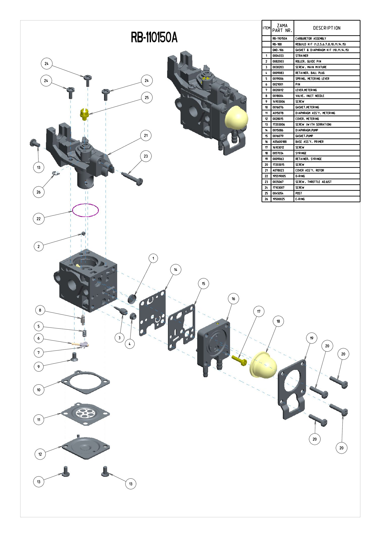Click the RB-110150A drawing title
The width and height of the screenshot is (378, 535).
154,37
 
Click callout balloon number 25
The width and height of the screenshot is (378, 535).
147,98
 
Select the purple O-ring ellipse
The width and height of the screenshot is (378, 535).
85,210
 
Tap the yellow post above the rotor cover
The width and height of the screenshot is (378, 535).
84,114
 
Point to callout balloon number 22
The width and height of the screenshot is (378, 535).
39,219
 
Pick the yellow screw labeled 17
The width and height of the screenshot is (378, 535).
239,360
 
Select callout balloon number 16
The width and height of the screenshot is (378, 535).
233,299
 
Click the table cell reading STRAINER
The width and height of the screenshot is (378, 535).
302,56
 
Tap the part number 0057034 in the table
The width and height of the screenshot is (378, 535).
278,153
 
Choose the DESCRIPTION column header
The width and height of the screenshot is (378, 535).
327,28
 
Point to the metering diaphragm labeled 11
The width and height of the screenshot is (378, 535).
85,414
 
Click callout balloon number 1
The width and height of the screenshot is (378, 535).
153,258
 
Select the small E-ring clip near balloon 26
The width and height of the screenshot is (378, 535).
55,173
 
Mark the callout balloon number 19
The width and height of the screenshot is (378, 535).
312,338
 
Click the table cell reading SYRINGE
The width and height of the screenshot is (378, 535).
301,153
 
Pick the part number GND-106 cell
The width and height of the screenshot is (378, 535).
278,50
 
